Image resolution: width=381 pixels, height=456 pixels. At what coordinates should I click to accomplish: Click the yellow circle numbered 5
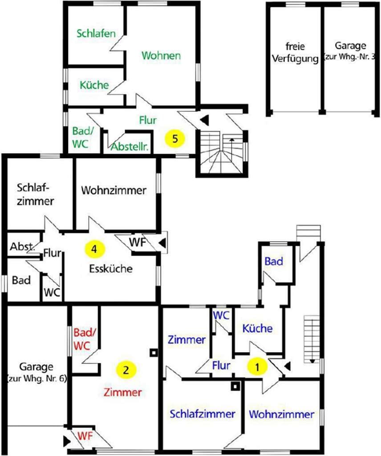(174, 138)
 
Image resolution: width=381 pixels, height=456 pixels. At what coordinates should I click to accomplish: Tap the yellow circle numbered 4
(94, 249)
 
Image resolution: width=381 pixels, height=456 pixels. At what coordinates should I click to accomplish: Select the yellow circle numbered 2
(126, 370)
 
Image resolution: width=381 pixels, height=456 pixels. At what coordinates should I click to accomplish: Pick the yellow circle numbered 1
(257, 367)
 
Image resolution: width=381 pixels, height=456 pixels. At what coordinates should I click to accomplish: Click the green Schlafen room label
(96, 33)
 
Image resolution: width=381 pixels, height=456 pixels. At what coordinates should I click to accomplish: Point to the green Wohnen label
(161, 55)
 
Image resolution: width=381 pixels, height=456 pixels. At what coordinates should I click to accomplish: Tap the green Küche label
(94, 85)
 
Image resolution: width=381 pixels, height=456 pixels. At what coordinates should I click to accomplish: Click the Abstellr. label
(130, 147)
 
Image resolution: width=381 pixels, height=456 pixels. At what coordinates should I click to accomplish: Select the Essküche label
(111, 269)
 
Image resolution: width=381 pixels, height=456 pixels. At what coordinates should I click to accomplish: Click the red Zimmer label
(123, 392)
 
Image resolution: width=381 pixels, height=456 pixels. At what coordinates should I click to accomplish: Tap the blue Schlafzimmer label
(202, 414)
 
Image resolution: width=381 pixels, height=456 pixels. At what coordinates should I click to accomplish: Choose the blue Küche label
(258, 328)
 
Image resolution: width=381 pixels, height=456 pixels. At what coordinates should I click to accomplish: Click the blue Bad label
(274, 261)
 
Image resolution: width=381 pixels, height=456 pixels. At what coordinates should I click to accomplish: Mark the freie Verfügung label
(295, 53)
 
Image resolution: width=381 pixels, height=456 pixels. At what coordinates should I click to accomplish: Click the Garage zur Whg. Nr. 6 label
(36, 372)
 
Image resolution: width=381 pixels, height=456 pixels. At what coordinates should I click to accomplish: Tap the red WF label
(85, 436)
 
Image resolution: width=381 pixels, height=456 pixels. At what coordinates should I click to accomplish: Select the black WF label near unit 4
(137, 242)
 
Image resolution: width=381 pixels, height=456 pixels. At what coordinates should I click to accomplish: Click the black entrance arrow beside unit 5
(205, 119)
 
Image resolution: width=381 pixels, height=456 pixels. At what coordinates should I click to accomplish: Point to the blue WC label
(221, 315)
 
